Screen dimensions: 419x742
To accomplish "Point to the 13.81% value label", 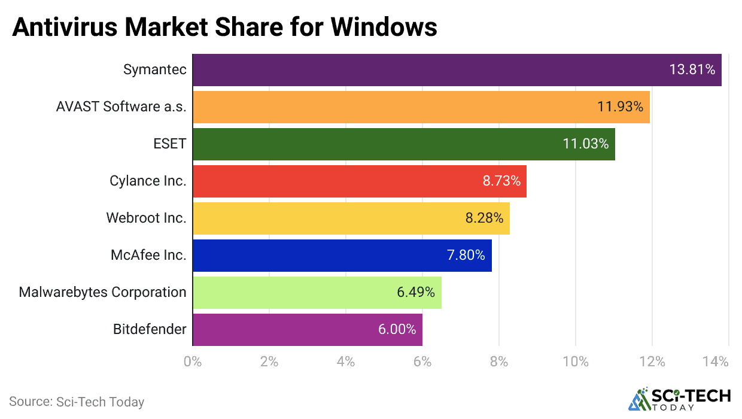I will (692, 70).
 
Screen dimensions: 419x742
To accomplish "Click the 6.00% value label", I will (397, 330).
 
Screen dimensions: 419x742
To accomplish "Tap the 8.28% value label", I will (484, 218).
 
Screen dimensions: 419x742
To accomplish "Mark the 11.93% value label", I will (620, 107).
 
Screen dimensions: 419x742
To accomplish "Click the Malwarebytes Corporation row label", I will (102, 293).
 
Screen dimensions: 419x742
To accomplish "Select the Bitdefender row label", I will (150, 330).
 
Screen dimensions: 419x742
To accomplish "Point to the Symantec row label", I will (155, 70).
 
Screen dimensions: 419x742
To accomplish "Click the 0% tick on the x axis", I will (193, 362).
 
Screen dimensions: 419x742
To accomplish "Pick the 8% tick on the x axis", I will (499, 362).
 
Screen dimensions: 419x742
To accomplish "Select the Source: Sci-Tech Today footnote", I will (77, 402).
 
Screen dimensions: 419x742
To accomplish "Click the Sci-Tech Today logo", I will (679, 400).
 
